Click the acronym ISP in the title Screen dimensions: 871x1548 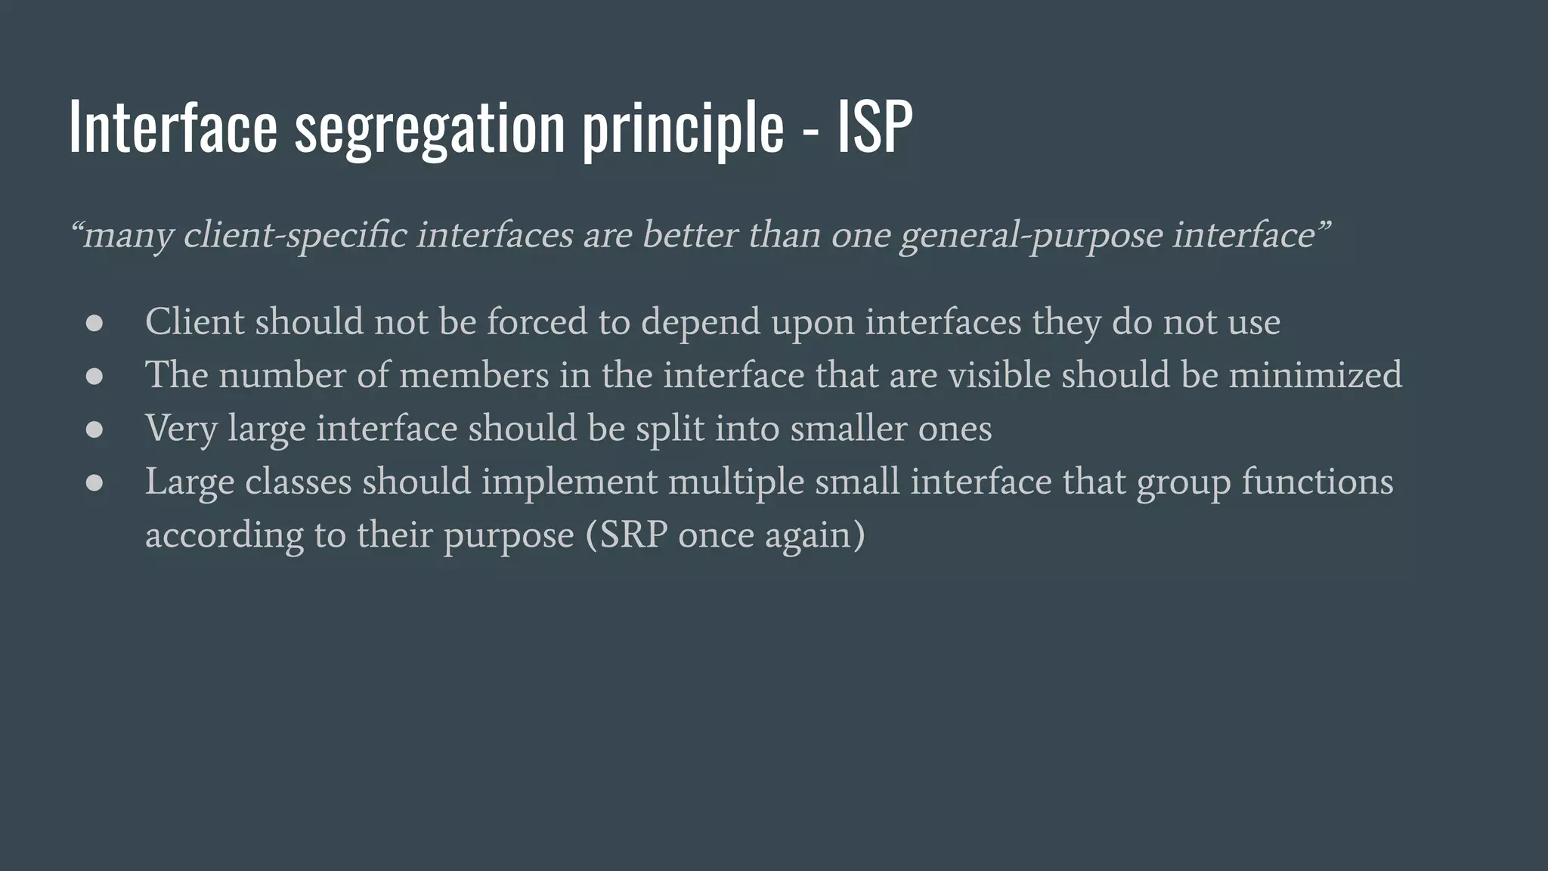[x=875, y=127]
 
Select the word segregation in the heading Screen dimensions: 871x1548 [x=429, y=129]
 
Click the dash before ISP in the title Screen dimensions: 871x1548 [x=810, y=130]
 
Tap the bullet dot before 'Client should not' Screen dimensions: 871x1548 [x=94, y=324]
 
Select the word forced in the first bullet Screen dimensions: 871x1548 [x=537, y=322]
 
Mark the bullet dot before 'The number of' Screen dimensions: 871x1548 [x=94, y=377]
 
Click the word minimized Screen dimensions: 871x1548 [x=1315, y=375]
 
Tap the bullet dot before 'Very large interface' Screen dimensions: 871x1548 [x=94, y=429]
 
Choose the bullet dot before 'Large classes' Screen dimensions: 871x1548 [x=94, y=482]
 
